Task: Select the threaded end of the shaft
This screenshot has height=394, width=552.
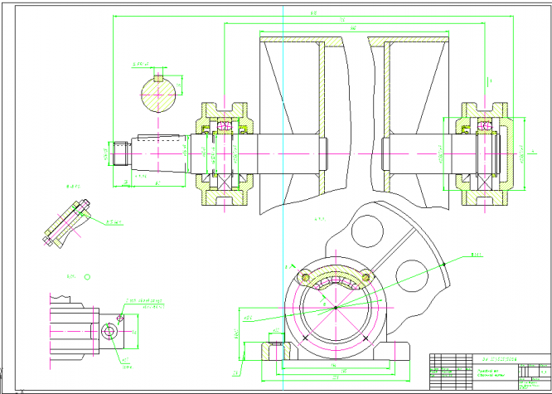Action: (121, 153)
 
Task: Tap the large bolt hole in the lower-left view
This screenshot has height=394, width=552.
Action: (109, 332)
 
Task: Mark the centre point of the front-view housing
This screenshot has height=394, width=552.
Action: (335, 309)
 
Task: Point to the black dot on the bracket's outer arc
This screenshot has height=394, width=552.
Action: (445, 264)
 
